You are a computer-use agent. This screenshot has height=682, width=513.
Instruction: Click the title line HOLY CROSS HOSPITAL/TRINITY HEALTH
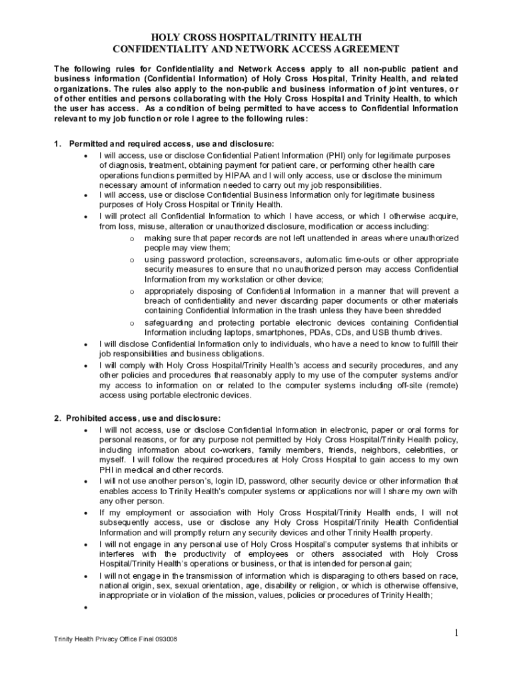(256, 37)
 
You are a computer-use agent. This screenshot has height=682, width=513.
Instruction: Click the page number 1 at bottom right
(456, 633)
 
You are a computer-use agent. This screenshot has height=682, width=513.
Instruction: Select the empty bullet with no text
(87, 607)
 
